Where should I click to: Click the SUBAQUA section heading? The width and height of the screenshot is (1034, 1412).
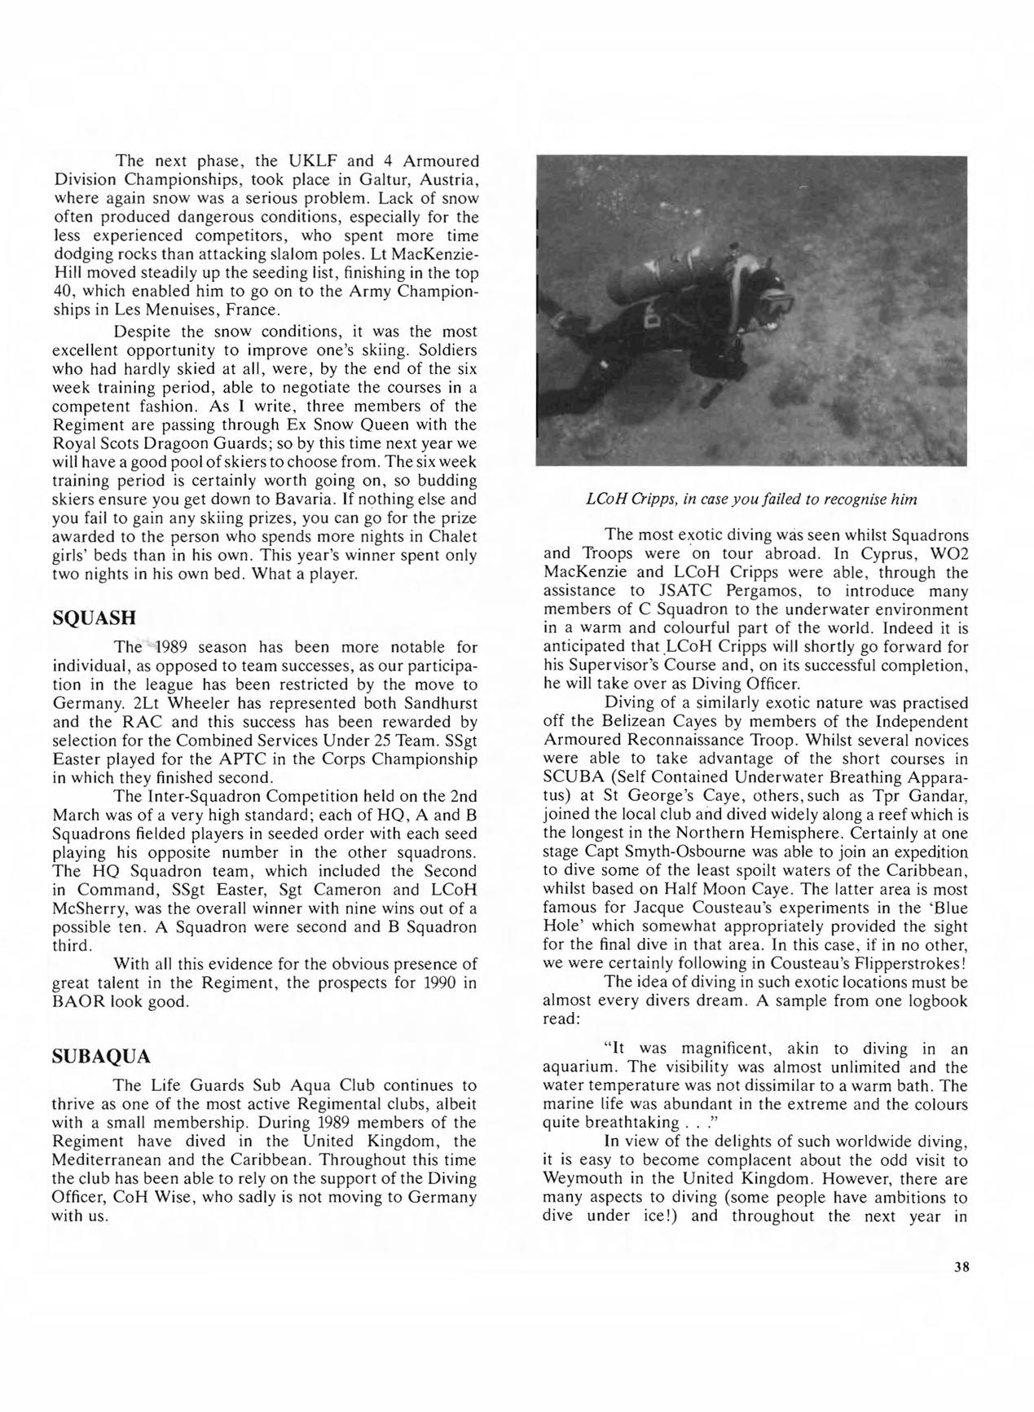pyautogui.click(x=101, y=1057)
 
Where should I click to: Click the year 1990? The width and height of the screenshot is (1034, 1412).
pyautogui.click(x=442, y=982)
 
